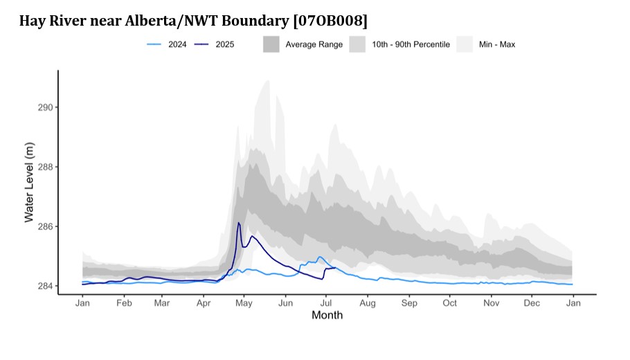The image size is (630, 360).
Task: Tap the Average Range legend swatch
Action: (x=271, y=44)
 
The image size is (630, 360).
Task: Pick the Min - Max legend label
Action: (x=496, y=44)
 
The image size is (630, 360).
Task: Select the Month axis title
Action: (x=327, y=316)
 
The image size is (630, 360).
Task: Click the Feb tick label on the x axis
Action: (x=124, y=303)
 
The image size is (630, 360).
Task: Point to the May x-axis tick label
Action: (x=243, y=303)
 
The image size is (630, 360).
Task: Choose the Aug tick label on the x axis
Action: (x=368, y=303)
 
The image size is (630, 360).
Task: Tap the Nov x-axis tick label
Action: (x=492, y=303)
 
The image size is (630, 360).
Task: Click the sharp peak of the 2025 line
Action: (x=239, y=223)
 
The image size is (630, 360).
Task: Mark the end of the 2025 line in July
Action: (x=335, y=267)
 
